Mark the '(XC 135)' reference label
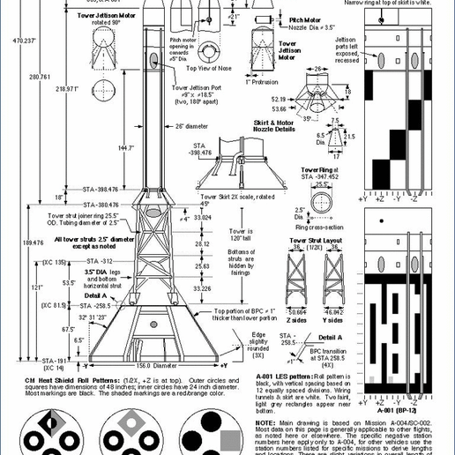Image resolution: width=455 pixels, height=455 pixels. point(55,262)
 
